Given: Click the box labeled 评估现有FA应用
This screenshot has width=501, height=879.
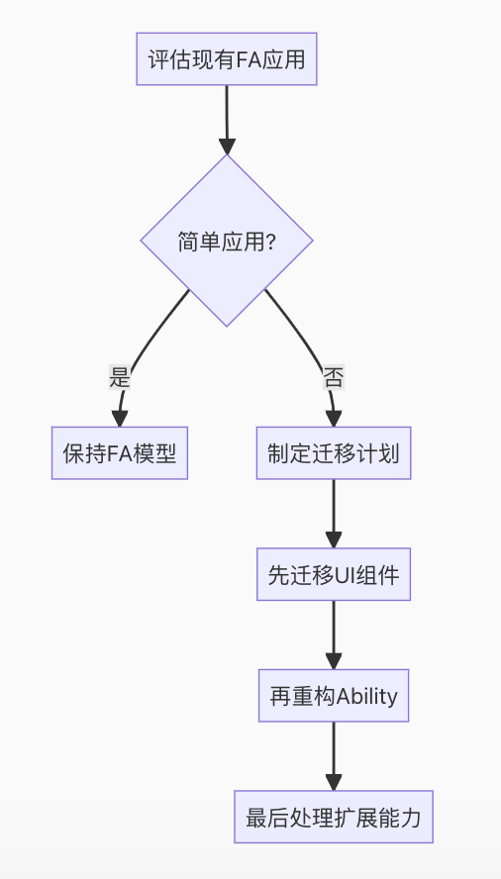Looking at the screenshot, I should tap(227, 59).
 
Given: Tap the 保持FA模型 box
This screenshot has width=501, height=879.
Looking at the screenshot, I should tap(120, 453).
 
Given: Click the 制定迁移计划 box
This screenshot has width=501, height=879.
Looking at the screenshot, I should tap(334, 453).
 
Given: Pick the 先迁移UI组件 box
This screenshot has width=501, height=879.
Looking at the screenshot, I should tap(334, 574).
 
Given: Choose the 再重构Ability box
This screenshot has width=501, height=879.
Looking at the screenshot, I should tap(334, 696).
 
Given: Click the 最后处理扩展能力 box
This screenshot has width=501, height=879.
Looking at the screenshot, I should tap(334, 818).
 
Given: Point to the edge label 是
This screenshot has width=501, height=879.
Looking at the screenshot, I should tap(120, 377).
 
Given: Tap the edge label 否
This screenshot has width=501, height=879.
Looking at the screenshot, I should tap(334, 377).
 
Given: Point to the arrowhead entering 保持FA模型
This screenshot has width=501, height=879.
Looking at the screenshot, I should tap(120, 417).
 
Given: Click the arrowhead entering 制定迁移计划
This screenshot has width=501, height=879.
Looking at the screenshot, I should tap(334, 417).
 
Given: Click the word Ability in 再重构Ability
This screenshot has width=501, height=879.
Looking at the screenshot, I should tap(367, 696).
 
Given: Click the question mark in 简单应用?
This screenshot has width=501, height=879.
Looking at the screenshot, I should tap(270, 242).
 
